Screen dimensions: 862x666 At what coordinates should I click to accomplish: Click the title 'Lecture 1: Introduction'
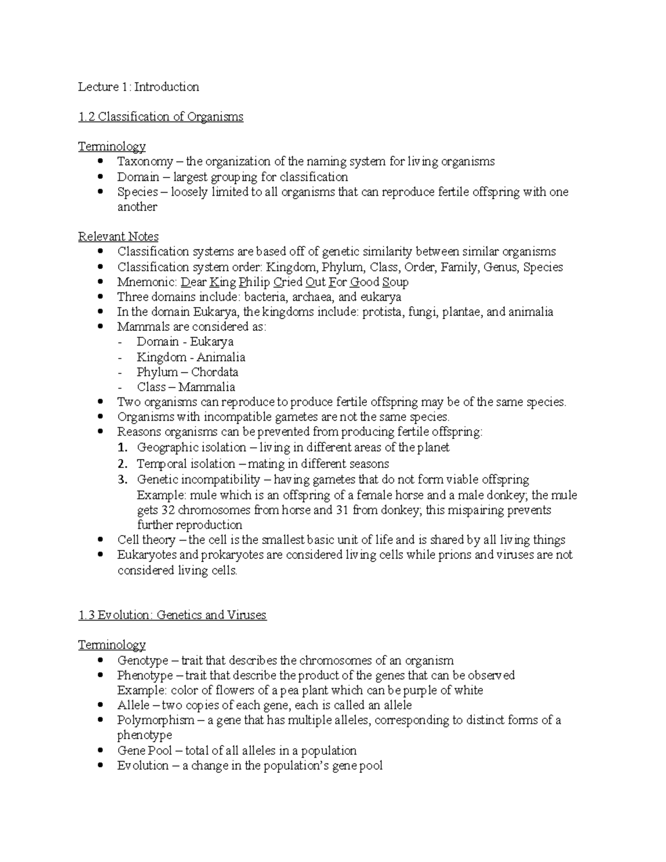tap(138, 87)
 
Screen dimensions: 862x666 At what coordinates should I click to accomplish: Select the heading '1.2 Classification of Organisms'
tap(160, 117)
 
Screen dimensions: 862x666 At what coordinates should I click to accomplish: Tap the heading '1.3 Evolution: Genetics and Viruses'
tap(172, 615)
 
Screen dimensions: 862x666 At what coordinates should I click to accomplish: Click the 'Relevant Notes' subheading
tap(118, 236)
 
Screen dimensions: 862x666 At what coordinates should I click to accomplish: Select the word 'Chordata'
tap(214, 372)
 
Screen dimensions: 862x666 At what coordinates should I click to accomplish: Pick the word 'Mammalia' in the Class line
tap(206, 387)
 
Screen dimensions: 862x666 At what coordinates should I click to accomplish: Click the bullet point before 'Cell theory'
tap(100, 540)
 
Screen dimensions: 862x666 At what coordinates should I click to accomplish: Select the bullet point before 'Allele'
tap(100, 705)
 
